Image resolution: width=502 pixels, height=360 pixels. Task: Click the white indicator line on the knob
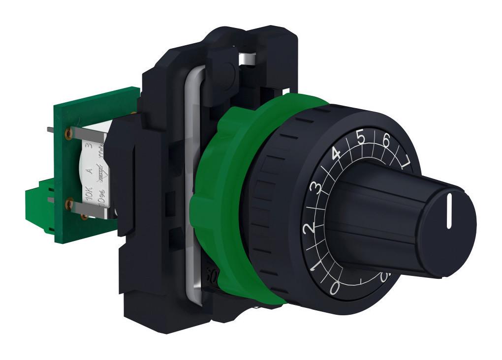449,212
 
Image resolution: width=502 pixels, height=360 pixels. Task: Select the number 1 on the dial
315,266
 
